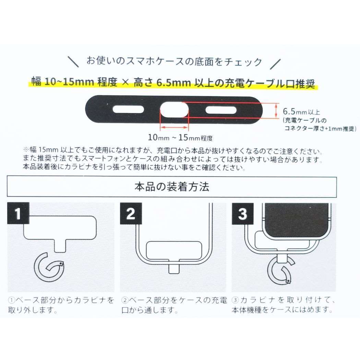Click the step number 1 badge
(18, 214)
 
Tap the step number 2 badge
(131, 214)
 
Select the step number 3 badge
(242, 214)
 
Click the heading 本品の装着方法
(172, 187)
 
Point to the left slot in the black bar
(125, 110)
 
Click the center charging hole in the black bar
(175, 110)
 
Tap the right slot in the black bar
(221, 110)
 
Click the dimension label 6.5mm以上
(302, 112)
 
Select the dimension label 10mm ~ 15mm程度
(180, 138)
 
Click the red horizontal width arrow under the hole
(175, 127)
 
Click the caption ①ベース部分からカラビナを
(61, 300)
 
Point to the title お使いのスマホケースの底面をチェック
(174, 62)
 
